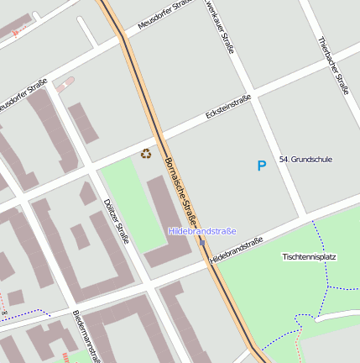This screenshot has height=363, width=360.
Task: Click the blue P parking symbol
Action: pos(261,166)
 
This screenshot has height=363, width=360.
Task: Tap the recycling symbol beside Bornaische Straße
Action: pos(146,154)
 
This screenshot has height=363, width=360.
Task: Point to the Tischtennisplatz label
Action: pos(309,256)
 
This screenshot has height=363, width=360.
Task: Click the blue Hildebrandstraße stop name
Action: pos(202,231)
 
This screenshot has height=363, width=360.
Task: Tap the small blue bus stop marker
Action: pos(202,243)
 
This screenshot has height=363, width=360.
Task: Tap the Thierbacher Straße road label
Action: pos(333,65)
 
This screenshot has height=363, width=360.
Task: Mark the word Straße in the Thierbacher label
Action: pos(341,82)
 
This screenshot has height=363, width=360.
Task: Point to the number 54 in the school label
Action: pos(284,159)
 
